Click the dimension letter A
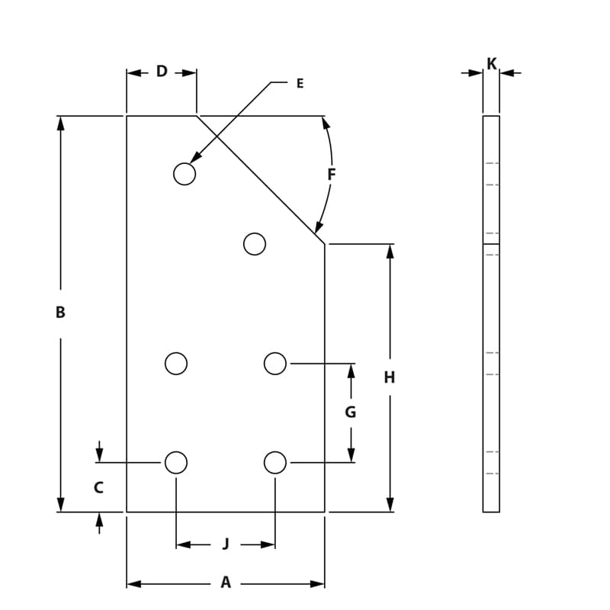coord(226,583)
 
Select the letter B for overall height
coord(60,312)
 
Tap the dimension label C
coord(98,487)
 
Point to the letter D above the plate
coord(162,72)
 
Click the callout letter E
coord(300,84)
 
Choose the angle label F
coord(331,175)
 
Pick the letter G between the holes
coord(351,413)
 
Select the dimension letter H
coord(390,377)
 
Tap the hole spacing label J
coord(226,544)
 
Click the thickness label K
coord(492,64)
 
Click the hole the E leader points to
coord(185,174)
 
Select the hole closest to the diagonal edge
coord(255,244)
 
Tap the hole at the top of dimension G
coord(275,364)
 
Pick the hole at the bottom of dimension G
coord(275,462)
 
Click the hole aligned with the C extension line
coord(176,462)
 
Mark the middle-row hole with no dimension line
coord(176,364)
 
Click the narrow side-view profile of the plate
coord(491,320)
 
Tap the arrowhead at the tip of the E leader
coord(194,159)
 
